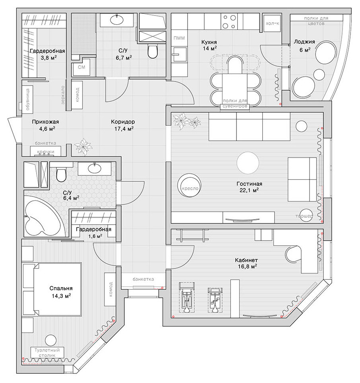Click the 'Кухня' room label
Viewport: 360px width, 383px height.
(x=209, y=42)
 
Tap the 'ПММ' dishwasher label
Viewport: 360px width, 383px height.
(x=178, y=38)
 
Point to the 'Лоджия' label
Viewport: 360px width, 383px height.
(x=304, y=41)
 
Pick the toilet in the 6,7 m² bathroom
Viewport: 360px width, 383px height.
(x=153, y=51)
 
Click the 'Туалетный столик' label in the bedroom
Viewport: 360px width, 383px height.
(x=47, y=352)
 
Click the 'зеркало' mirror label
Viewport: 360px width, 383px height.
(x=62, y=96)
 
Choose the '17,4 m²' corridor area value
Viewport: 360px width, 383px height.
(x=123, y=128)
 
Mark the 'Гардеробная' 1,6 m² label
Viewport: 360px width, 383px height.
(x=93, y=230)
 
